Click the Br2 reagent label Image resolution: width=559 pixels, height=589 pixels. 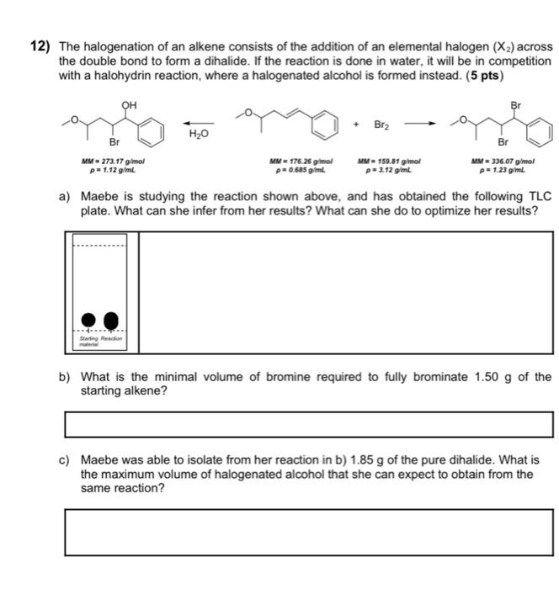[383, 125]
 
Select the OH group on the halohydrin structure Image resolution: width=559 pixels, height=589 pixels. [129, 105]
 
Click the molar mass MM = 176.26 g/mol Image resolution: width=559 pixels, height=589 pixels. [301, 161]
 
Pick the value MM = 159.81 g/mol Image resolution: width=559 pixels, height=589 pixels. [389, 161]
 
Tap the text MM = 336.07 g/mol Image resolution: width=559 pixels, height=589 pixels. [504, 161]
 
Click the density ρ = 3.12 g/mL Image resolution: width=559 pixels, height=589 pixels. [389, 169]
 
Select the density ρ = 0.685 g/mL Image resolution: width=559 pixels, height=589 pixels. [301, 169]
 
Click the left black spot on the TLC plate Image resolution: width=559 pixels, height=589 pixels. [88, 320]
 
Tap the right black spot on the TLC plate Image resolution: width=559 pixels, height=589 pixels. [112, 320]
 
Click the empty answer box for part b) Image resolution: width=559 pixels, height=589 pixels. [308, 424]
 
